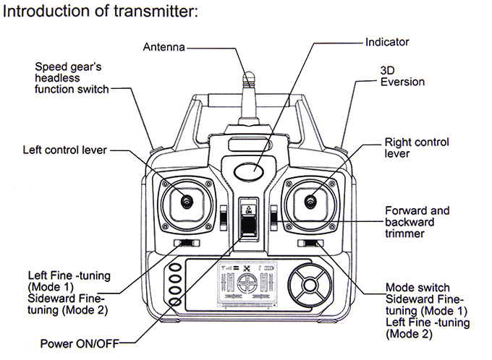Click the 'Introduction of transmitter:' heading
101,12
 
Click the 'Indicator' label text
387,43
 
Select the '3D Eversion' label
402,77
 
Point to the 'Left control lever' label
65,150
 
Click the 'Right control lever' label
416,147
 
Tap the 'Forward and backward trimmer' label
416,222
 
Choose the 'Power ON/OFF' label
77,343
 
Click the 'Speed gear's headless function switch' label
72,78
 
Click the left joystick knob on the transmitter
187,200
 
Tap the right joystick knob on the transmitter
312,200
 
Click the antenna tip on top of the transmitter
248,75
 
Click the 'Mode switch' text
417,287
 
